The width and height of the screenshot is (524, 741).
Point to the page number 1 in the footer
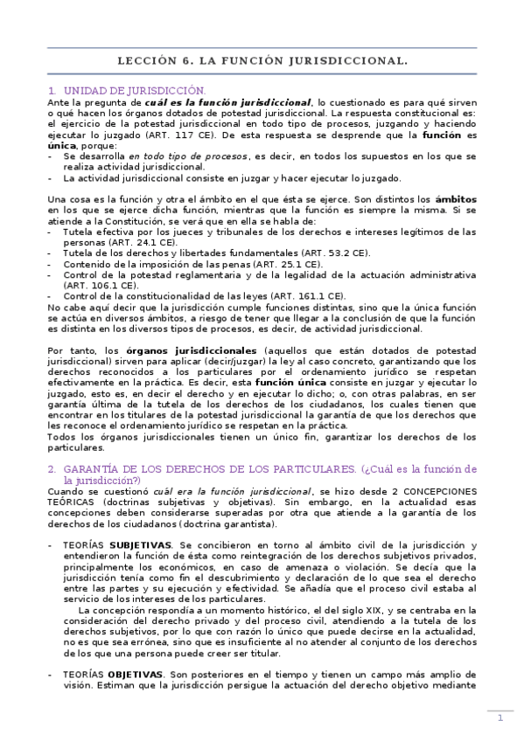point(500,718)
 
